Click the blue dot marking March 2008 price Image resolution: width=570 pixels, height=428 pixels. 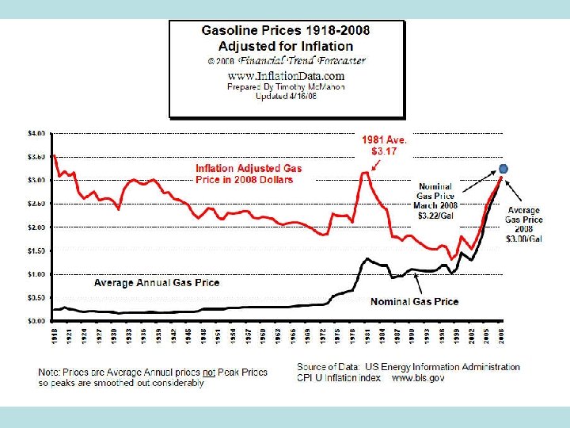[503, 168]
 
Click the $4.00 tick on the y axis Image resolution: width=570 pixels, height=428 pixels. [37, 132]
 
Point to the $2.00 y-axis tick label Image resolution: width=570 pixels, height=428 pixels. [37, 227]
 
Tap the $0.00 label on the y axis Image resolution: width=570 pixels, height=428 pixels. [37, 321]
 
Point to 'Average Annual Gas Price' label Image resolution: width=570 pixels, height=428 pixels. [157, 282]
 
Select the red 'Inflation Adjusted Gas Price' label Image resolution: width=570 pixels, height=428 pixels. [249, 174]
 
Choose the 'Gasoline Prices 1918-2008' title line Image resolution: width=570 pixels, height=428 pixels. [287, 31]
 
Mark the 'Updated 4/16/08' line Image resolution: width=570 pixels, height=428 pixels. [287, 97]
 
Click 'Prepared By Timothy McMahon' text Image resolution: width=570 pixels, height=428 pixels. [287, 86]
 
